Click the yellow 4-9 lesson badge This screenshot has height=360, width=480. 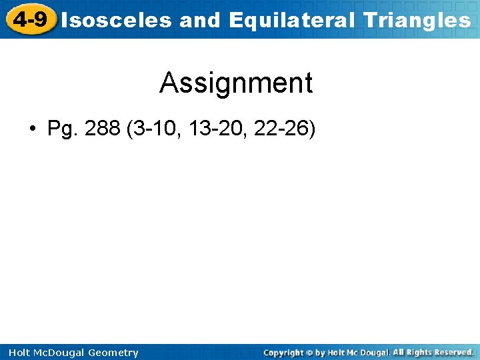(29, 19)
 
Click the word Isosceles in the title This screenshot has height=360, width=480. (117, 21)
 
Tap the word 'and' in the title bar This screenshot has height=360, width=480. (200, 21)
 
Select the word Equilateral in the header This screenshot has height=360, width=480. (292, 21)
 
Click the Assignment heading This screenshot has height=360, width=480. (236, 83)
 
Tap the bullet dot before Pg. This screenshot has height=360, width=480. (33, 129)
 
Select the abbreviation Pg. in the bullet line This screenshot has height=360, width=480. (63, 129)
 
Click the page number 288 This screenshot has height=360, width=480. (103, 128)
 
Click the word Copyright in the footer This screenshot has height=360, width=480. (283, 353)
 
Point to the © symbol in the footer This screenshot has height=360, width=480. (309, 353)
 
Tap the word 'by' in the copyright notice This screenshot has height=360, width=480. (321, 353)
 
